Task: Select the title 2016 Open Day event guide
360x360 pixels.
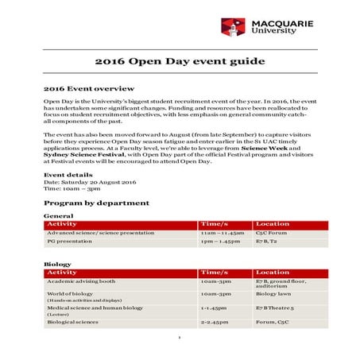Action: [x=180, y=61]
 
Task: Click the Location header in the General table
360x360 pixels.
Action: [x=273, y=224]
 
